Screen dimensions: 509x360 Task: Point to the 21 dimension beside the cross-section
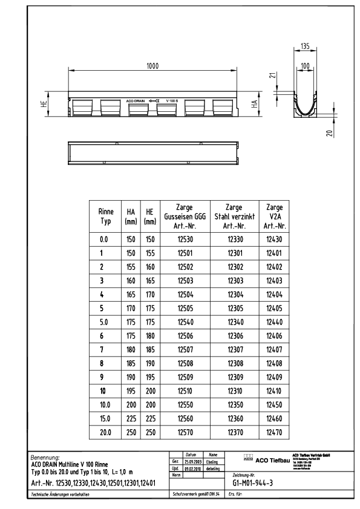pyautogui.click(x=273, y=77)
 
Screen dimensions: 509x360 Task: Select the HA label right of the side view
pyautogui.click(x=255, y=108)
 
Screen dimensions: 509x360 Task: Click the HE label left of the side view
pyautogui.click(x=55, y=108)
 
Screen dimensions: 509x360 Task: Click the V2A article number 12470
pyautogui.click(x=276, y=433)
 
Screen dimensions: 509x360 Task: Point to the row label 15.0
pyautogui.click(x=104, y=419)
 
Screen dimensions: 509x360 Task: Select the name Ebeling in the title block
pyautogui.click(x=213, y=461)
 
